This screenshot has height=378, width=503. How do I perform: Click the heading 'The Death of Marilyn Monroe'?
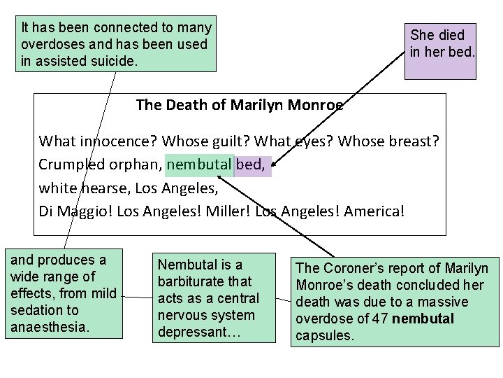(240, 106)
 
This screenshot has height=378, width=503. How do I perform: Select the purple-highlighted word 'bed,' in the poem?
(251, 165)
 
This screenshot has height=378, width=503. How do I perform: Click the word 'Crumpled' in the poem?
(68, 165)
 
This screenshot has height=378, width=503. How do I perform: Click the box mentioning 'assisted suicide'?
(116, 44)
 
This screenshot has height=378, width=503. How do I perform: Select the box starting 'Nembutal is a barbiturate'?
(207, 298)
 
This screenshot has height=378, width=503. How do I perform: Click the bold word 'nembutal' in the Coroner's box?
(423, 318)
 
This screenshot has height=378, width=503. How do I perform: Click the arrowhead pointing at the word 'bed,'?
(274, 165)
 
